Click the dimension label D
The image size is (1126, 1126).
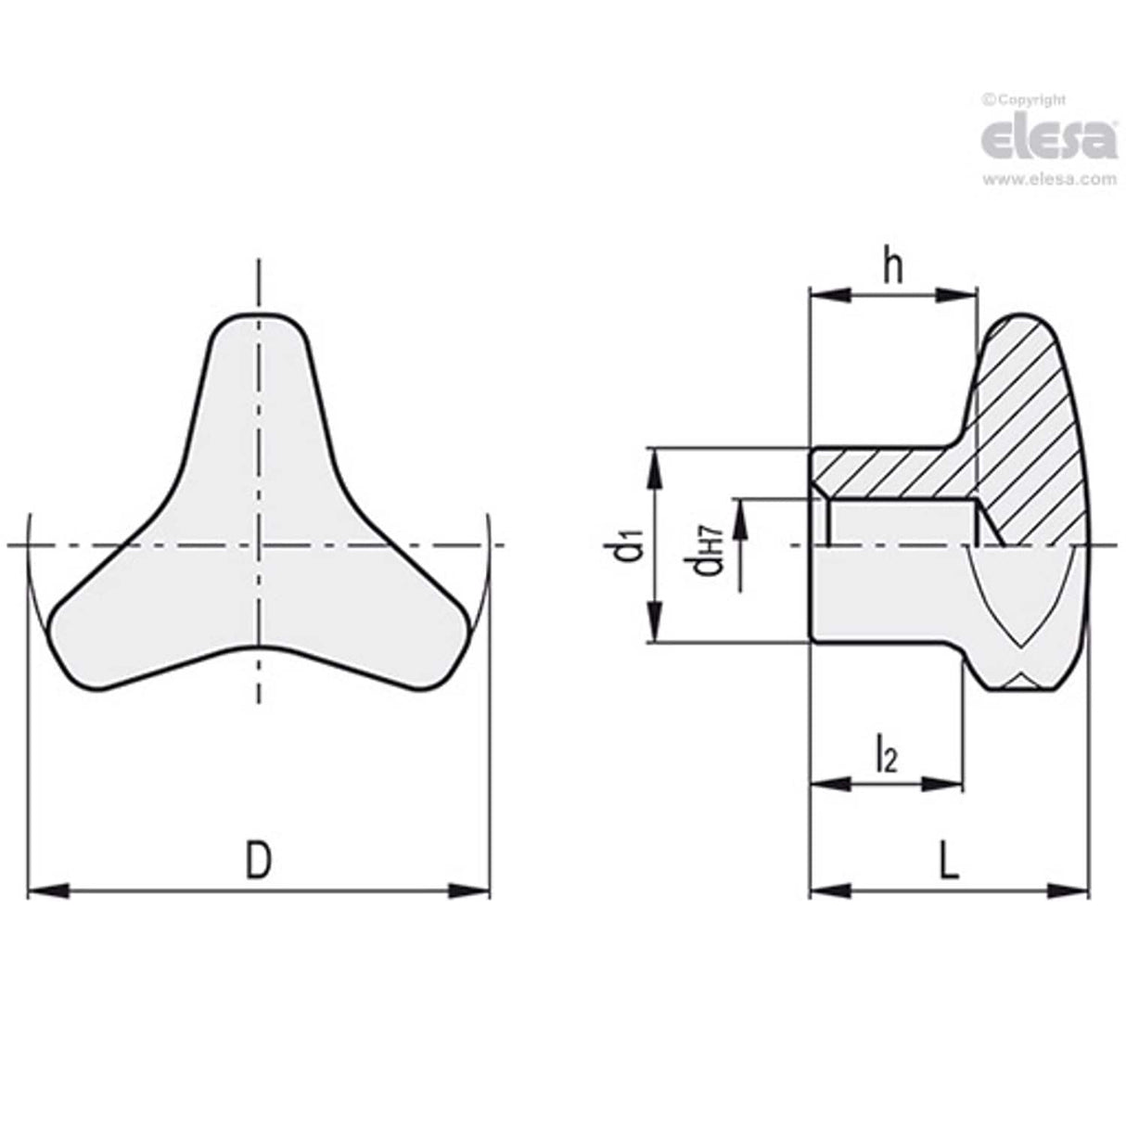pyautogui.click(x=259, y=861)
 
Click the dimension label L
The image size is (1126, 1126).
pyautogui.click(x=948, y=861)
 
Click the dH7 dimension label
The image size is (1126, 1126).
pyautogui.click(x=710, y=549)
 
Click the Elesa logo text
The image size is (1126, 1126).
pyautogui.click(x=1047, y=139)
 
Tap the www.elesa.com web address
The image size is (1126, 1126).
pyautogui.click(x=1049, y=180)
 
